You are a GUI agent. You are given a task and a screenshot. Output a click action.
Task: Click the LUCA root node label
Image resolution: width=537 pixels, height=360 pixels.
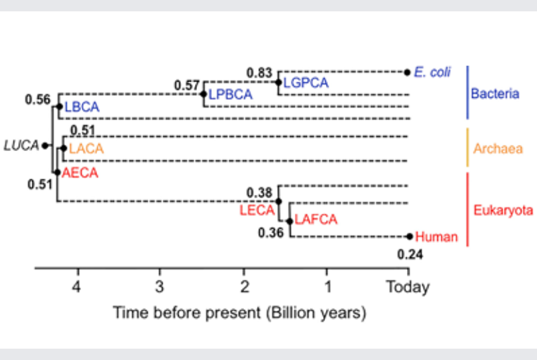click(x=21, y=145)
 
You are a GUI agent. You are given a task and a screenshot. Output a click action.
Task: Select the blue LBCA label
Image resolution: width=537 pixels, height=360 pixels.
click(x=82, y=107)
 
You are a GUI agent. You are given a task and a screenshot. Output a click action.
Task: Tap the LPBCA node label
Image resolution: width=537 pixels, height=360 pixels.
click(x=231, y=94)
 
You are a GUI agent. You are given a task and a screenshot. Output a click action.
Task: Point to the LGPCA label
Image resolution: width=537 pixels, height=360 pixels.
click(x=306, y=82)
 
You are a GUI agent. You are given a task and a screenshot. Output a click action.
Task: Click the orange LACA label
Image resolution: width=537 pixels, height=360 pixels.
click(x=86, y=149)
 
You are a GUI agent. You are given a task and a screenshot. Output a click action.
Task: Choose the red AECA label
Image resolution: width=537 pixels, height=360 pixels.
click(x=80, y=173)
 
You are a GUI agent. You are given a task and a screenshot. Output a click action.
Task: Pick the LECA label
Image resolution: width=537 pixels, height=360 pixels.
click(x=257, y=210)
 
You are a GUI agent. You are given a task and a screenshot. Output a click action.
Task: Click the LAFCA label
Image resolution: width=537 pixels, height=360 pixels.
click(x=316, y=219)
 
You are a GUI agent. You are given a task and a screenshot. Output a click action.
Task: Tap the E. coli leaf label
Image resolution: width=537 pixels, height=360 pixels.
click(x=432, y=72)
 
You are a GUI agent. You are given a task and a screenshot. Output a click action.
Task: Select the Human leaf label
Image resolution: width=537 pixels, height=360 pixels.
click(x=436, y=237)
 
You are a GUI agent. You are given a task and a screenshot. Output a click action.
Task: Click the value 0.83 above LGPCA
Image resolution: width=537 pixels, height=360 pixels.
click(x=259, y=73)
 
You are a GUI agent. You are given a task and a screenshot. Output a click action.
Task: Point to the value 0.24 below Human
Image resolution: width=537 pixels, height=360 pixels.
click(x=410, y=254)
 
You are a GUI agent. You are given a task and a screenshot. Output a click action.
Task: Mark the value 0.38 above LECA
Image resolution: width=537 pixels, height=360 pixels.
click(x=259, y=193)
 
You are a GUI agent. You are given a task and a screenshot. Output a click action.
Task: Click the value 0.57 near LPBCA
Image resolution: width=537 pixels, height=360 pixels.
click(x=187, y=85)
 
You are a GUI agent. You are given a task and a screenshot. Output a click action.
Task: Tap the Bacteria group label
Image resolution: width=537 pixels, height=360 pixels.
click(x=495, y=94)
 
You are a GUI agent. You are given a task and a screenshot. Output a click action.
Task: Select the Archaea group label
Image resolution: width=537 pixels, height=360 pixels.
click(x=498, y=149)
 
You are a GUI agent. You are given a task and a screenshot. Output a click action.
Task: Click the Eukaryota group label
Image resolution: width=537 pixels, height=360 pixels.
click(x=503, y=210)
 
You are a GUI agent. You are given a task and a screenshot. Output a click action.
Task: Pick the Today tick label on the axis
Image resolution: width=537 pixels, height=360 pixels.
click(x=408, y=287)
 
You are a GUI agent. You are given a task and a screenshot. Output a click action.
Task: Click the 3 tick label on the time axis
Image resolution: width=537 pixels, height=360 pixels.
click(x=159, y=287)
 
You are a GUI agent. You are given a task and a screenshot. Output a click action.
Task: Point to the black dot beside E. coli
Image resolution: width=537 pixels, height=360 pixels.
click(x=407, y=72)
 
